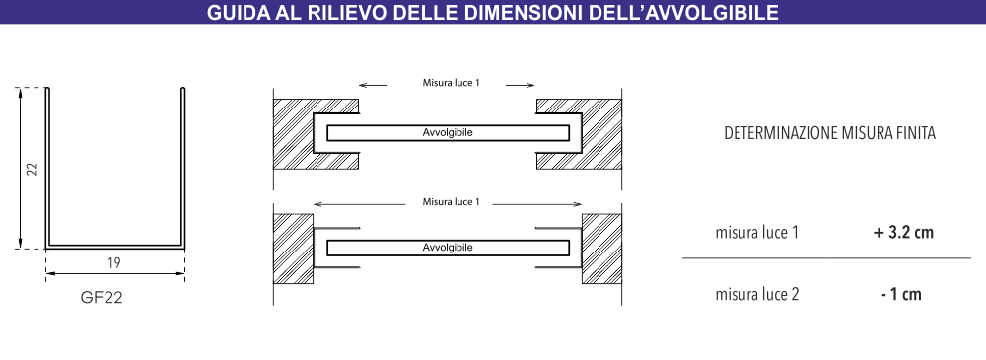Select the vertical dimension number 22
[x=32, y=169]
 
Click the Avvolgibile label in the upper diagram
[x=448, y=132]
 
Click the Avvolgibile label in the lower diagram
[x=448, y=247]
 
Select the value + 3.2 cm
[x=902, y=233]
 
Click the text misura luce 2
[x=756, y=294]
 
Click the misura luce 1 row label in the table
[x=756, y=233]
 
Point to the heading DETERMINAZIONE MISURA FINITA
[x=829, y=132]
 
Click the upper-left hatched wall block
[x=294, y=133]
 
